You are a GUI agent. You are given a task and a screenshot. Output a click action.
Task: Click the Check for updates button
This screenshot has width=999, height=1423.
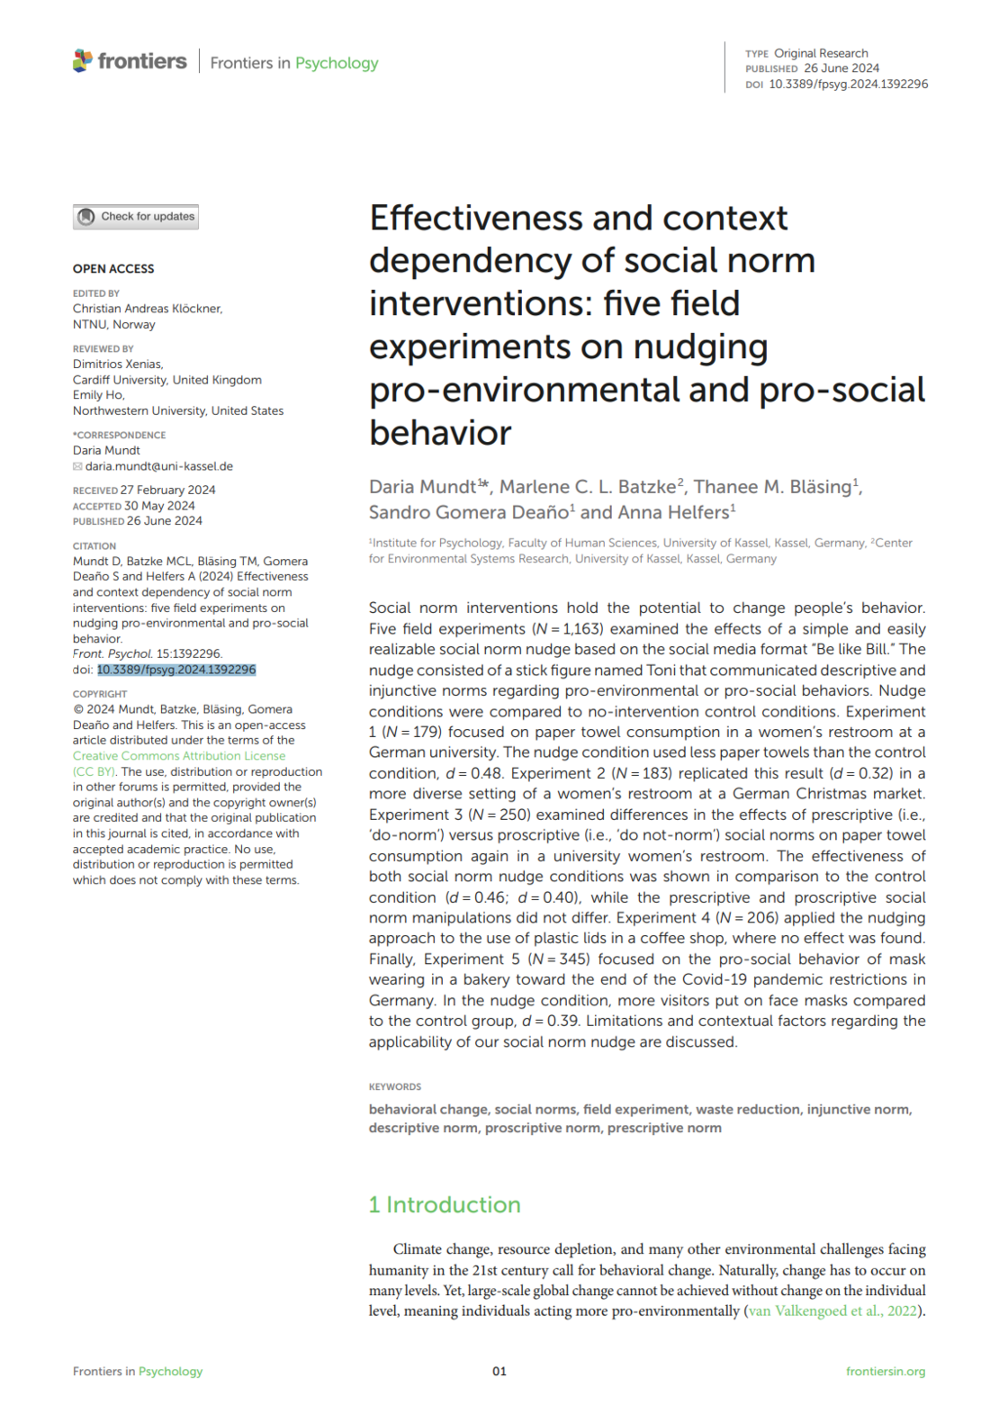[x=136, y=217]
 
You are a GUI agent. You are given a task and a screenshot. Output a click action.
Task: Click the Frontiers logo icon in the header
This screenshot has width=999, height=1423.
[x=83, y=61]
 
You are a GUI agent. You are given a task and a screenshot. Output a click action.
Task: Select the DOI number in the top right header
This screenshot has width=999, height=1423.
[x=848, y=84]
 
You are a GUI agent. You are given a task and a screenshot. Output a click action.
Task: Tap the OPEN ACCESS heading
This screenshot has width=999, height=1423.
[x=113, y=268]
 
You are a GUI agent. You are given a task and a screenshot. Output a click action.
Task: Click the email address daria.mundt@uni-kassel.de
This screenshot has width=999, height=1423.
[x=158, y=466]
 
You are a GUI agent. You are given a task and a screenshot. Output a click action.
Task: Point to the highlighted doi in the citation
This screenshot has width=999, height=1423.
[x=176, y=670]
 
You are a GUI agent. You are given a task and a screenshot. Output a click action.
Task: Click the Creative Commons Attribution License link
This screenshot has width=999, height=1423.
[x=179, y=756]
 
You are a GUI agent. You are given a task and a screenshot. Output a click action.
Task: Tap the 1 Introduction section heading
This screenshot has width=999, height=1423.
[x=445, y=1204]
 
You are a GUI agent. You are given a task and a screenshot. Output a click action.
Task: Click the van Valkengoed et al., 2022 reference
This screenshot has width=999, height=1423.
[x=832, y=1310]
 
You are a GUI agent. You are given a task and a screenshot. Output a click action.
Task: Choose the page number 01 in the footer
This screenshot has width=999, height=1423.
[x=499, y=1371]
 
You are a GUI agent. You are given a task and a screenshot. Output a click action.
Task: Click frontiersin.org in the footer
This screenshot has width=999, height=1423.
[x=885, y=1371]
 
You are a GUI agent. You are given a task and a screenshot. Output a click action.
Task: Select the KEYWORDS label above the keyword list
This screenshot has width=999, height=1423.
[x=395, y=1086]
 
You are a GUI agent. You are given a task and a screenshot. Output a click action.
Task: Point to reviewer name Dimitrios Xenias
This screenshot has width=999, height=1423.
[x=117, y=365]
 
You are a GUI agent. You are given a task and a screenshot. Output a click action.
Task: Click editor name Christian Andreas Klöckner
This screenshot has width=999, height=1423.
[x=148, y=309]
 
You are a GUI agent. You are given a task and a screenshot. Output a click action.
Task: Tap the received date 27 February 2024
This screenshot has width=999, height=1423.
[x=167, y=490]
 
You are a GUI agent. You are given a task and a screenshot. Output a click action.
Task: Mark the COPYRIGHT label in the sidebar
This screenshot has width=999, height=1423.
[x=100, y=694]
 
